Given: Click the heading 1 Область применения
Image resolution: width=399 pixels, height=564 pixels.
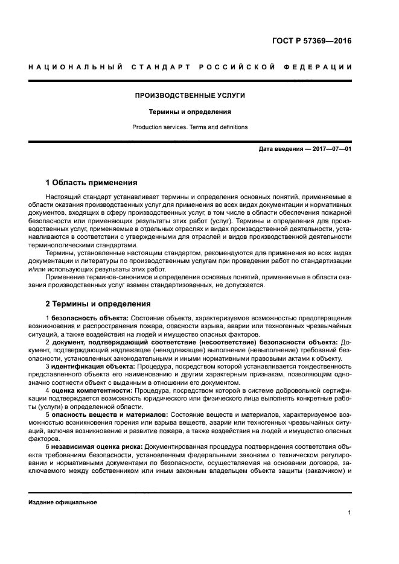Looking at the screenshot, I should click(92, 182).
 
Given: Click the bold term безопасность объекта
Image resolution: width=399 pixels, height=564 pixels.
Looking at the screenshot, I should click(90, 317).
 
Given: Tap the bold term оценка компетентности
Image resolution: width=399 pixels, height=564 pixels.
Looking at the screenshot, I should click(92, 391).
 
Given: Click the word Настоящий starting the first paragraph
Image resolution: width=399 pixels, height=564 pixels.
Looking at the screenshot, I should click(64, 197).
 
